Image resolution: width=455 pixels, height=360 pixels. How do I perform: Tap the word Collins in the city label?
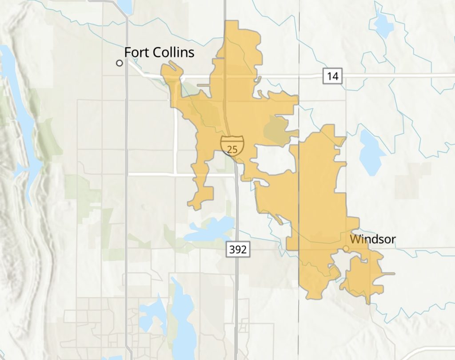tap(172, 52)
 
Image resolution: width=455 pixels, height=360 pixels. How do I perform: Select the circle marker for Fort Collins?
tap(119, 63)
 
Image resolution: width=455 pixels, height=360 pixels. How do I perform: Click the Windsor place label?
tap(372, 239)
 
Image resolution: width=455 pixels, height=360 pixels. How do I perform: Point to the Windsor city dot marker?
tap(346, 249)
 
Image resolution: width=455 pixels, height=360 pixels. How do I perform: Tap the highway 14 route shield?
tap(332, 76)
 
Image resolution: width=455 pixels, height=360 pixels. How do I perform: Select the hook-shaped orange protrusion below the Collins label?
tap(171, 71)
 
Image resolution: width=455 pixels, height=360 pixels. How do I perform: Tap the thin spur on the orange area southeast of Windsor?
tap(389, 273)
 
